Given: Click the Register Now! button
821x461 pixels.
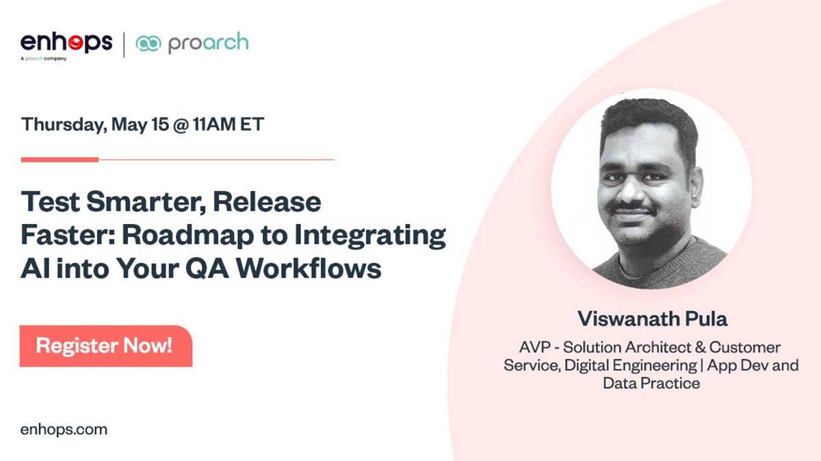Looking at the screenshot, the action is click(106, 346).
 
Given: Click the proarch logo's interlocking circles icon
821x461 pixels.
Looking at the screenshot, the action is click(148, 44).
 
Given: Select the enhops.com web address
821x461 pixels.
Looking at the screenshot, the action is click(64, 429).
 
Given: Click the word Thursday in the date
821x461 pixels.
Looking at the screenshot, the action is click(64, 125).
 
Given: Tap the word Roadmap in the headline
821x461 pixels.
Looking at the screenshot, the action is click(187, 235).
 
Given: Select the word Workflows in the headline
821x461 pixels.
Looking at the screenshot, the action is click(309, 269).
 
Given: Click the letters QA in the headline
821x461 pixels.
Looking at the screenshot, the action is click(207, 269).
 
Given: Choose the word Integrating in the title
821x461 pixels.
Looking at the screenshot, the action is click(370, 235).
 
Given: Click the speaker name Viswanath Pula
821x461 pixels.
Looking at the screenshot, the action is click(653, 319).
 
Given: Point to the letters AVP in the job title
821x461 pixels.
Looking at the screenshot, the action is click(535, 347).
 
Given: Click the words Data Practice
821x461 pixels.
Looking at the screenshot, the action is click(651, 383).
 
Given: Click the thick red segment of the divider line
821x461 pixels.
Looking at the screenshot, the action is click(60, 160).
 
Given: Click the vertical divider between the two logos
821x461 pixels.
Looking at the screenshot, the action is click(124, 45).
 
